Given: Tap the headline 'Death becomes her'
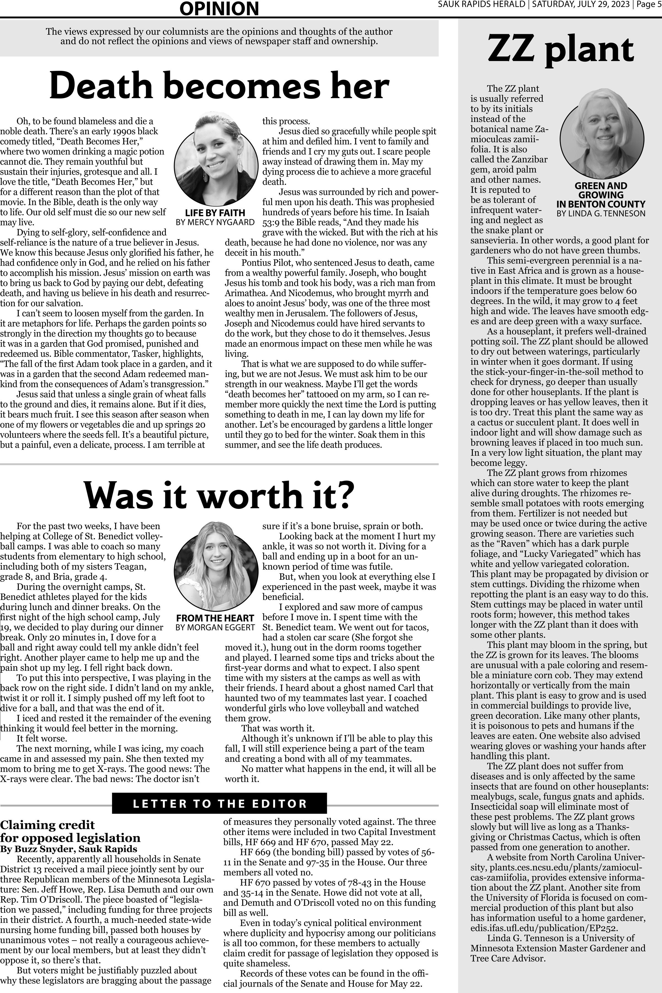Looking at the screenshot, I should pos(219,86).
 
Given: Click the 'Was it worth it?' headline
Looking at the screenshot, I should pos(219,495).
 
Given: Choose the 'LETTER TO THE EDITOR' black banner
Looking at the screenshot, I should pos(220,804).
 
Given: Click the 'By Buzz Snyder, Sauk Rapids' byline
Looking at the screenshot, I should pos(68,849).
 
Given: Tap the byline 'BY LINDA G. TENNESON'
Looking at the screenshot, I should pos(601,213).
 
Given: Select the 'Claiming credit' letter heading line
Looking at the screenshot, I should pos(47,825).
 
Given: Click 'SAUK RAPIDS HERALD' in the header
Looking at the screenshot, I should pos(481,5).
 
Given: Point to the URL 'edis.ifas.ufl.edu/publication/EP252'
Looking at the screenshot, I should pos(544,928).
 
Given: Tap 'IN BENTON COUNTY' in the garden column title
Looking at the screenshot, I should pos(601,204).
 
